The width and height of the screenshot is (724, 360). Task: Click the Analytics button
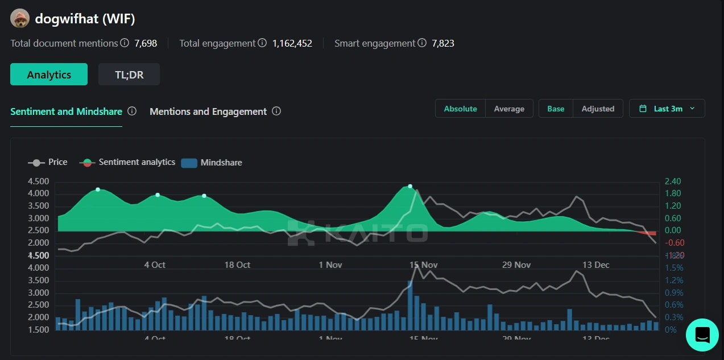pos(49,75)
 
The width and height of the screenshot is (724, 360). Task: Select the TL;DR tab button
pos(129,75)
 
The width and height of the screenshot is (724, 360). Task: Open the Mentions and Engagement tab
pos(208,111)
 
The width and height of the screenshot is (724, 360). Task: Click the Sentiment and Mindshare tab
pos(66,111)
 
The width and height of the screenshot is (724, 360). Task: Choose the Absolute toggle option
pos(460,109)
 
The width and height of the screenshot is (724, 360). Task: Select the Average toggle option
pos(509,109)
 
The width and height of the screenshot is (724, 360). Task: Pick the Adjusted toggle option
pos(598,109)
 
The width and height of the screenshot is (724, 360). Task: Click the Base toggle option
pos(556,109)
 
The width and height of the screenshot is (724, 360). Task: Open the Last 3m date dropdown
pos(667,109)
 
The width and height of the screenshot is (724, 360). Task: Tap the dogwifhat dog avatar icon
pos(20,19)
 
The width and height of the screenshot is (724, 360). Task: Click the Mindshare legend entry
pos(212,163)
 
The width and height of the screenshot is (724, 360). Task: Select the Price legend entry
pos(48,162)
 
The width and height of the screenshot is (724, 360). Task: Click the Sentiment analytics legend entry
pos(129,162)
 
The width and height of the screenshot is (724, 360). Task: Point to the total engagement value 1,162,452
pos(292,43)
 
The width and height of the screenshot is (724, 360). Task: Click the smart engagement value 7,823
pos(442,43)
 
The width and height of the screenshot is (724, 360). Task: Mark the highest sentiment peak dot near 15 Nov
pos(410,187)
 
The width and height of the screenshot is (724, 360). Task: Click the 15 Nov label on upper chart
pos(423,265)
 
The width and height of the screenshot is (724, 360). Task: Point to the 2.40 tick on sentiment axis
pos(672,181)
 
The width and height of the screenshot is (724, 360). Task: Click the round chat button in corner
pos(702,334)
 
